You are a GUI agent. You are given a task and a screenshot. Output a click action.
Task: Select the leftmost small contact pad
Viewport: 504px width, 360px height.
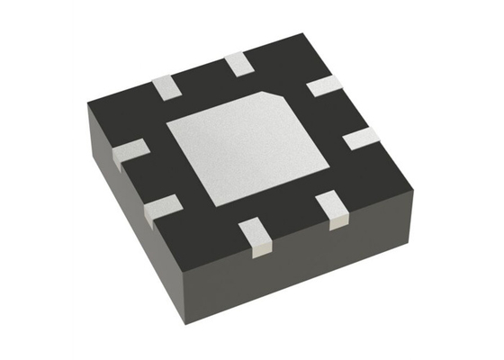click(131, 151)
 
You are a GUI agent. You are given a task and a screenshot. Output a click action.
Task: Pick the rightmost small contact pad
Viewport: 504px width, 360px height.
click(362, 138)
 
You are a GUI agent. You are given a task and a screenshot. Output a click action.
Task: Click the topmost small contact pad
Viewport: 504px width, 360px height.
click(238, 63)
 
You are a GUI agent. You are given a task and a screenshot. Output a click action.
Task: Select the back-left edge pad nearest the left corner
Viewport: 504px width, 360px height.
click(166, 87)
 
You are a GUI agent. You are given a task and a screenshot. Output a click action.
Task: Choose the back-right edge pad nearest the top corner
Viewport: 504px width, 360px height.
click(323, 86)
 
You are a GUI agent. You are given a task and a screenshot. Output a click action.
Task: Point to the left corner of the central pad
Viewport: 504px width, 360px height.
click(167, 130)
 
